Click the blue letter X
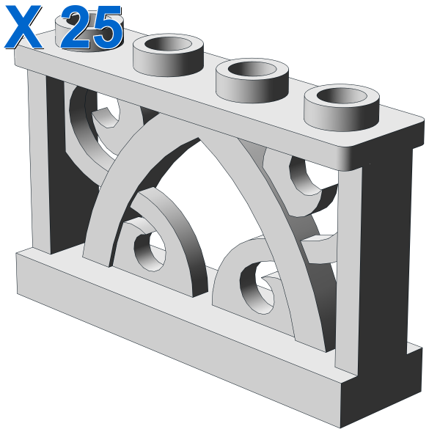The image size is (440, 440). [23, 26]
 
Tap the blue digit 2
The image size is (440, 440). [76, 28]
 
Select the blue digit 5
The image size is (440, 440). [107, 28]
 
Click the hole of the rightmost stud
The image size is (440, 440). [342, 95]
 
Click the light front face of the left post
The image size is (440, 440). [40, 160]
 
